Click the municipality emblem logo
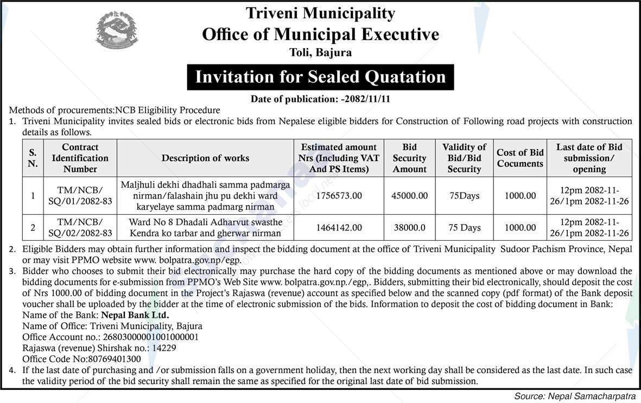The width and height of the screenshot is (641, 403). click(x=117, y=30)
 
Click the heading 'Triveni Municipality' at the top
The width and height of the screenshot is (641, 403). click(x=320, y=13)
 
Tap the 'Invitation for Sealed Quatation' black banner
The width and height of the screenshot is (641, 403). click(x=320, y=76)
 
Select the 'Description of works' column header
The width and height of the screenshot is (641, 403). click(x=205, y=158)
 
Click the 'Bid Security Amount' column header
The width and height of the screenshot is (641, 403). click(x=409, y=158)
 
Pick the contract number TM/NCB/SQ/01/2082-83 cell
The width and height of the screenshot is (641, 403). click(x=80, y=195)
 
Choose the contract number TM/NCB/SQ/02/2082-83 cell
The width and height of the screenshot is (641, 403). click(x=80, y=228)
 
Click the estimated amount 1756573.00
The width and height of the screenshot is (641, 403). click(x=339, y=195)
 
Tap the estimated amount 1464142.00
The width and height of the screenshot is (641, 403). click(x=339, y=228)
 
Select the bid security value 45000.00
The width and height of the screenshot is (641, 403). click(x=409, y=195)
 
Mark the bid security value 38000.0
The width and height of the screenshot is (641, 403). click(x=409, y=228)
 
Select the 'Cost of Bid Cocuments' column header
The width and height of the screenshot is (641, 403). click(x=520, y=158)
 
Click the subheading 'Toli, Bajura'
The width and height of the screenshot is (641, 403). click(x=320, y=53)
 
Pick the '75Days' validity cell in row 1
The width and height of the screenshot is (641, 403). click(x=464, y=195)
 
